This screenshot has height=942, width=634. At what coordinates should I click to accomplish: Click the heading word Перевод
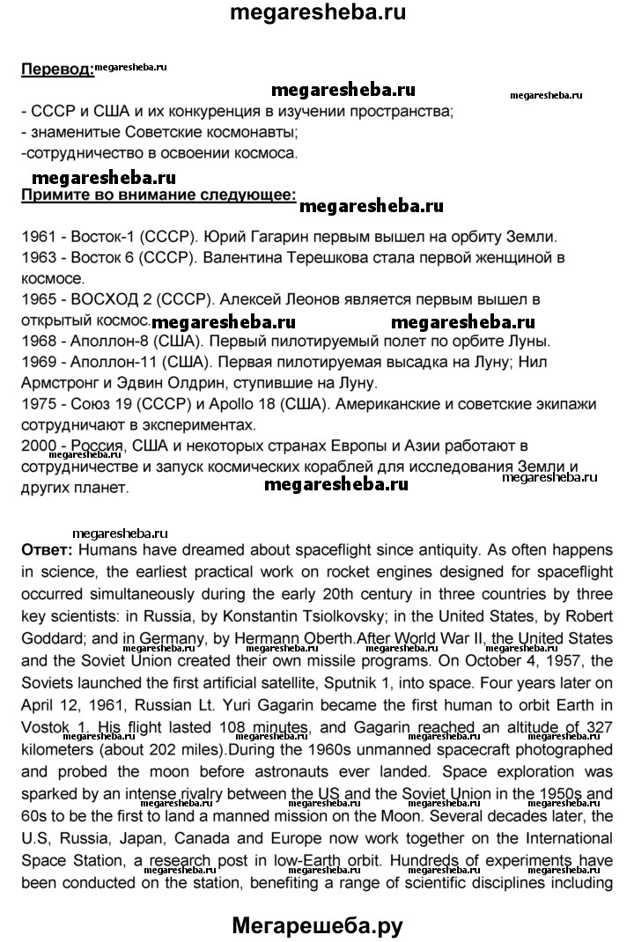click(55, 70)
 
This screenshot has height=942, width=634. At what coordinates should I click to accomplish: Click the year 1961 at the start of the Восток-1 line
click(36, 238)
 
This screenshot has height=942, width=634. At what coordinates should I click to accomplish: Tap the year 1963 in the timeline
click(36, 258)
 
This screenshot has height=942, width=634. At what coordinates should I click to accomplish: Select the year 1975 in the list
click(36, 402)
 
